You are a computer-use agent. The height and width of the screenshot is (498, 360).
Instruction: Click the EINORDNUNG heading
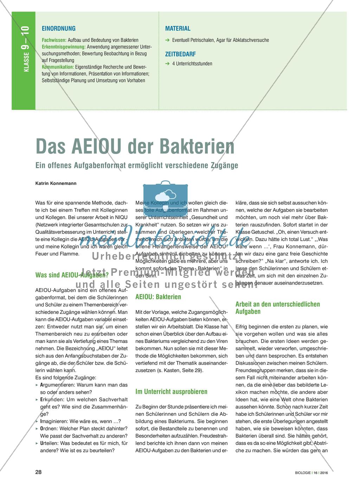click(x=58, y=28)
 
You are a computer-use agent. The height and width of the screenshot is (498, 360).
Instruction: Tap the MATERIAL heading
click(x=178, y=28)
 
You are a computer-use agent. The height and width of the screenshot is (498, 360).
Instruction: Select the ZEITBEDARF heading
click(x=180, y=54)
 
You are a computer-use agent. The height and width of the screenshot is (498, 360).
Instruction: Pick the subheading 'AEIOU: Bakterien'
click(x=158, y=297)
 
